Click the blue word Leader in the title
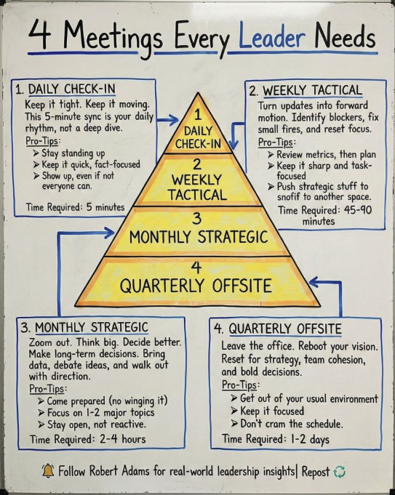(x=272, y=37)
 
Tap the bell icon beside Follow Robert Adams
(x=48, y=471)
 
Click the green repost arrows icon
(x=339, y=472)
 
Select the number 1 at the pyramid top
(x=198, y=115)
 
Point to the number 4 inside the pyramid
(x=196, y=267)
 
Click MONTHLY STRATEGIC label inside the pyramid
(x=199, y=237)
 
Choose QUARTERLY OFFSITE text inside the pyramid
(x=196, y=286)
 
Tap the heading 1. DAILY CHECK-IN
(x=65, y=89)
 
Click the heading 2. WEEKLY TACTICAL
(x=306, y=91)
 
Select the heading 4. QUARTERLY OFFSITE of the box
(x=278, y=329)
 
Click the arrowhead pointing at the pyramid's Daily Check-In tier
(x=173, y=120)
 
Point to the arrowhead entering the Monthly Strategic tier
(x=108, y=233)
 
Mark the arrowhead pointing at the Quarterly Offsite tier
(x=315, y=282)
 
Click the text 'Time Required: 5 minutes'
(x=76, y=207)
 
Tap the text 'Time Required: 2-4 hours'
(x=88, y=439)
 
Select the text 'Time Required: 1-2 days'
(x=276, y=439)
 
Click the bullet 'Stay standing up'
(x=70, y=153)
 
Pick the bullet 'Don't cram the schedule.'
(x=287, y=423)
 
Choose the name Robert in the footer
(x=104, y=471)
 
